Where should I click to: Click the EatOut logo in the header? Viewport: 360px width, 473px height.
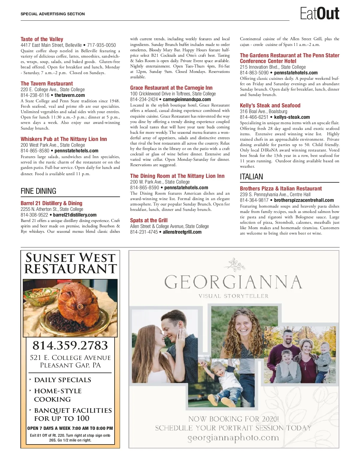click(319, 13)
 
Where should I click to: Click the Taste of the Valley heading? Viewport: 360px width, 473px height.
click(42, 39)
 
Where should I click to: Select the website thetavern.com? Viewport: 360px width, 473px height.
click(70, 95)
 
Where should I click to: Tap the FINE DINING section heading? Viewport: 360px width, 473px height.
click(38, 191)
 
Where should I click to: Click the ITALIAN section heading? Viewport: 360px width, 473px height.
click(251, 177)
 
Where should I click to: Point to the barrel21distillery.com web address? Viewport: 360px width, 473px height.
click(75, 215)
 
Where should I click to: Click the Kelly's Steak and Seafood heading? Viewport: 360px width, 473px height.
click(270, 106)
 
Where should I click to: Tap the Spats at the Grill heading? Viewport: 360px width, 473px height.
click(149, 220)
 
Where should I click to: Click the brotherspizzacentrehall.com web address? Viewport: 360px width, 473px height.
click(304, 200)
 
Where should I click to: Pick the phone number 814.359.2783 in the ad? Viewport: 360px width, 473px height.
click(70, 345)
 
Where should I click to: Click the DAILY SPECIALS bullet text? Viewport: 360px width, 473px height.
click(62, 380)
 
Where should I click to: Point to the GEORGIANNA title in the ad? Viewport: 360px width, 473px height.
click(233, 282)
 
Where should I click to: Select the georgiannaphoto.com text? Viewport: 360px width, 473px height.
click(233, 438)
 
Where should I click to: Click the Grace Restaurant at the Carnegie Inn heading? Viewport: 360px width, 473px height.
click(171, 88)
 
